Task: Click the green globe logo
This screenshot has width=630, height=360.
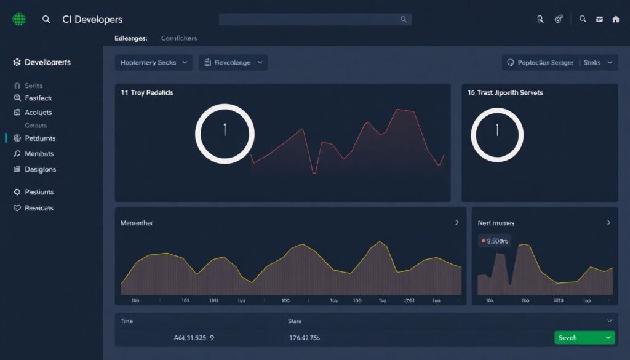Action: (19, 20)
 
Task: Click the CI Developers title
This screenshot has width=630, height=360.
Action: (92, 20)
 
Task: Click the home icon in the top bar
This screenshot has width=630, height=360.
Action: (616, 20)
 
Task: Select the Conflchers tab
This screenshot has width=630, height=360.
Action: (179, 38)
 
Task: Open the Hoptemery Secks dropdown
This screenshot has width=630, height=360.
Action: (153, 63)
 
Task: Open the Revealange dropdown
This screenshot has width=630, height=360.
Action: (233, 63)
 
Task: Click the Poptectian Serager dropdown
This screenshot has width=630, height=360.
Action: (559, 63)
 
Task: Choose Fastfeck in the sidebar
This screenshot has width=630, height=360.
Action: (38, 98)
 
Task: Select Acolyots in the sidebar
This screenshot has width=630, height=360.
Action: (38, 113)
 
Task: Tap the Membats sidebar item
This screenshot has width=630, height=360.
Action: (39, 154)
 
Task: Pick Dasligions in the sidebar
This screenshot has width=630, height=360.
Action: (40, 169)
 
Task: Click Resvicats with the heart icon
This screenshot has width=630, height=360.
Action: (39, 208)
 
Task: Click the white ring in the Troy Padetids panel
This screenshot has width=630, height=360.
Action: (225, 134)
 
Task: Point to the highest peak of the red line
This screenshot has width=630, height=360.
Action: (399, 110)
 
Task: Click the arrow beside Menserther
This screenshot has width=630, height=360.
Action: (457, 222)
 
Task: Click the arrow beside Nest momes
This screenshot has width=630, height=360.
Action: (608, 222)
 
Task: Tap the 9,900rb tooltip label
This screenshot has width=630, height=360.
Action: (495, 241)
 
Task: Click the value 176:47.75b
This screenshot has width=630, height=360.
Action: (305, 338)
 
